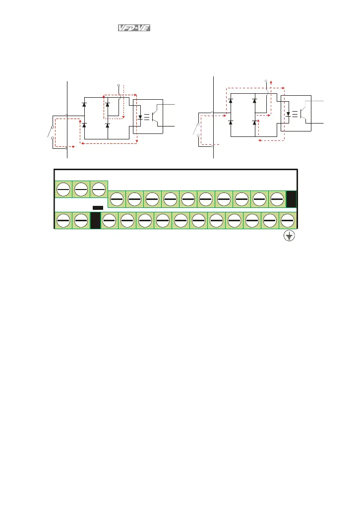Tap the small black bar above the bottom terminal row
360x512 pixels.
click(98, 207)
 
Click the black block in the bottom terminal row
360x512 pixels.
click(96, 220)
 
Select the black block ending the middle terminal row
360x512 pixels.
click(292, 199)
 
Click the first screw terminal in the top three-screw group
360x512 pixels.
click(63, 189)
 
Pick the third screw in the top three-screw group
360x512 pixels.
click(99, 189)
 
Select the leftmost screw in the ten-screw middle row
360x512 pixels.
click(117, 199)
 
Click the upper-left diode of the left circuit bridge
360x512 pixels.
click(84, 104)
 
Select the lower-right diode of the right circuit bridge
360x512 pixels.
click(255, 122)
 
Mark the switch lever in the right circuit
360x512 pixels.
click(195, 129)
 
